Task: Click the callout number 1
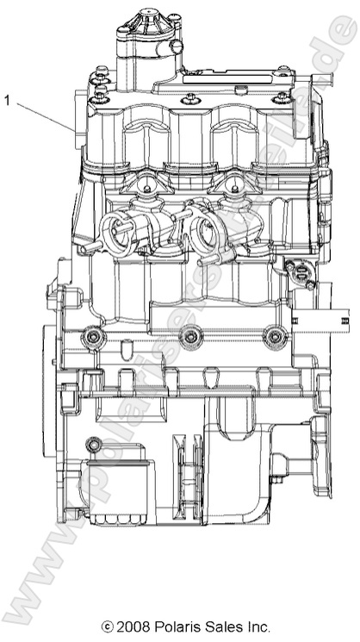click(x=8, y=100)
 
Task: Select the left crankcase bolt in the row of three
click(x=92, y=336)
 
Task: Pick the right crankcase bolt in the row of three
click(x=275, y=336)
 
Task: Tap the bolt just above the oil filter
click(x=92, y=445)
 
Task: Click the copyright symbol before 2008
click(x=109, y=626)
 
